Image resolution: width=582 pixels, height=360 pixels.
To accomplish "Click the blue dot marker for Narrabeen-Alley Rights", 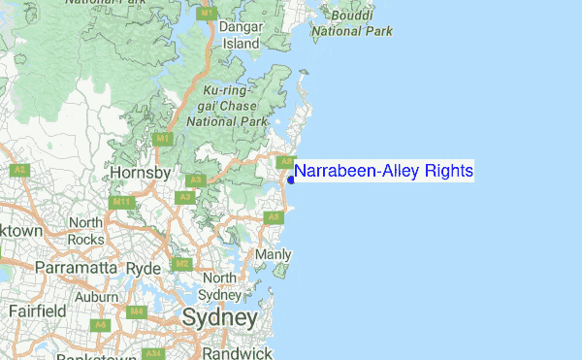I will click(291, 180).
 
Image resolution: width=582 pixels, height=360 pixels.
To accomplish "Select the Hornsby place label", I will click(141, 173).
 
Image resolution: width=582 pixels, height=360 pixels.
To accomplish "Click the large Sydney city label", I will click(220, 317).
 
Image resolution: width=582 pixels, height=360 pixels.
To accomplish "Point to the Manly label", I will click(273, 254).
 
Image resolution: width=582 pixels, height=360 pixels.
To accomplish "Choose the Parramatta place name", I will click(75, 267).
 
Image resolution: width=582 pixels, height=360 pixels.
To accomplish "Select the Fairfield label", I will click(37, 311).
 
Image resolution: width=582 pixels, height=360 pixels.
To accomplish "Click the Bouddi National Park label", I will click(352, 23).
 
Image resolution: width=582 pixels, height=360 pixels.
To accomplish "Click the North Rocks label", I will click(85, 231).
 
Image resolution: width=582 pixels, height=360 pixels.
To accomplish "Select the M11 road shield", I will click(121, 202).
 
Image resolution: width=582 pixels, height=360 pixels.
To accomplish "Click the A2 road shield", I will click(18, 170).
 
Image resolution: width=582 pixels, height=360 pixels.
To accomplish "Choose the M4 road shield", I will click(137, 311).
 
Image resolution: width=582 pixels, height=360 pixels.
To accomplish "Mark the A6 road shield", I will click(100, 324).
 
